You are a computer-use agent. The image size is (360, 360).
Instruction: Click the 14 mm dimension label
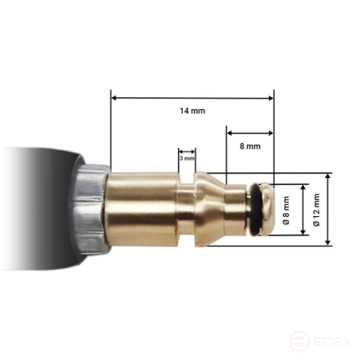(x=192, y=111)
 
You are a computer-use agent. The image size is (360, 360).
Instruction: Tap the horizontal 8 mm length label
(x=250, y=146)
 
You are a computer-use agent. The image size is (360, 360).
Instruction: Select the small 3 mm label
(x=187, y=158)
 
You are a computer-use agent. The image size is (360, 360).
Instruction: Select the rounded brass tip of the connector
(x=269, y=210)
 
